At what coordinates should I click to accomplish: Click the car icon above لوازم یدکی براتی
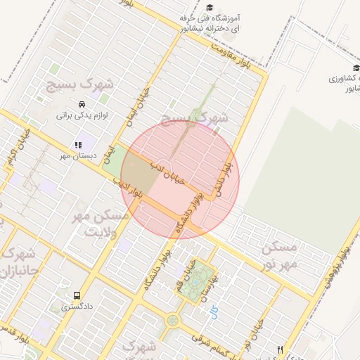coord(82,104)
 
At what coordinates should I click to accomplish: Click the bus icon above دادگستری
coord(77,296)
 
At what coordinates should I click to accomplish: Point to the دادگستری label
coord(76,307)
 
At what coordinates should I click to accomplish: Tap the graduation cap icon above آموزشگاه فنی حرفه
coord(210,8)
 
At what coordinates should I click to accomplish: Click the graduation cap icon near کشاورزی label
coord(356,67)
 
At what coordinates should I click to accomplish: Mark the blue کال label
coord(214,310)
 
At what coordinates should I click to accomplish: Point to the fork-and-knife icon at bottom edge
coord(281,349)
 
